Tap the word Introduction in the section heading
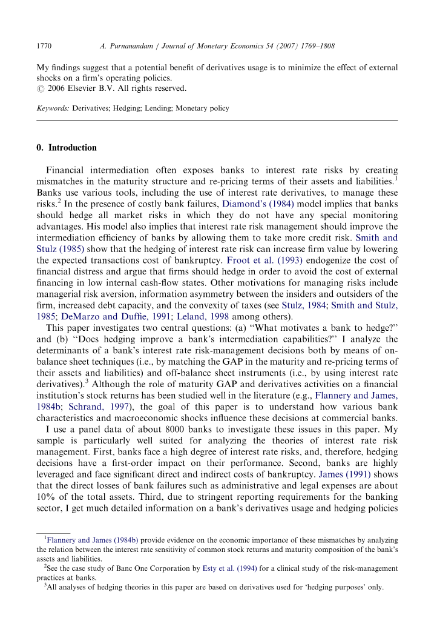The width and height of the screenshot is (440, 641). pyautogui.click(x=73, y=148)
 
